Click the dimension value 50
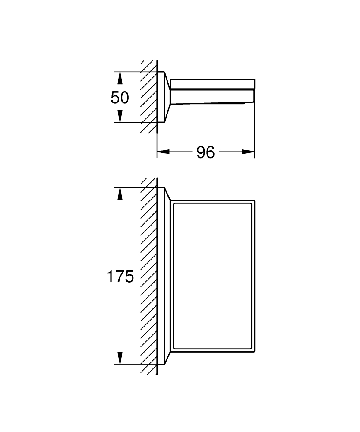pyautogui.click(x=120, y=98)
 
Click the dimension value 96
pyautogui.click(x=205, y=152)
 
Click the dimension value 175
pyautogui.click(x=120, y=276)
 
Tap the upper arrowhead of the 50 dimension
pyautogui.click(x=120, y=78)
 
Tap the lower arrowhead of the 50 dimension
pyautogui.click(x=120, y=116)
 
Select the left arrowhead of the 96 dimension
pyautogui.click(x=163, y=152)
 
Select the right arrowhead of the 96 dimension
pyautogui.click(x=248, y=152)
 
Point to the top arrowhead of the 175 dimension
pyautogui.click(x=120, y=194)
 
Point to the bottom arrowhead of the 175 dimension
pyautogui.click(x=120, y=358)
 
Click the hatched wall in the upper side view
pyautogui.click(x=148, y=97)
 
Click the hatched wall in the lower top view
pyautogui.click(x=148, y=276)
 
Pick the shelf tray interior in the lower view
pyautogui.click(x=212, y=276)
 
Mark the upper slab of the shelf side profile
pyautogui.click(x=212, y=84)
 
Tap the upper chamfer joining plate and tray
pyautogui.click(x=168, y=194)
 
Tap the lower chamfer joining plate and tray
pyautogui.click(x=168, y=359)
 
